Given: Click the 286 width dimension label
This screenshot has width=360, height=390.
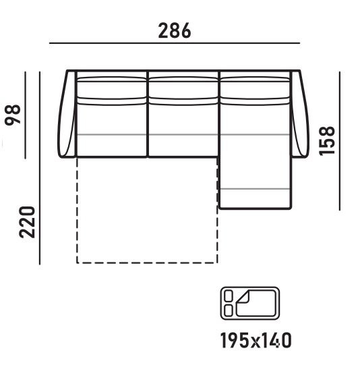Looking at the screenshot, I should (175, 30).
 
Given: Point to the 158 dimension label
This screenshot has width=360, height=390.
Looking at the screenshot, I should (328, 140).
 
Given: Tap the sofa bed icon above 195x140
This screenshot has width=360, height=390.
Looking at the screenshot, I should (250, 301).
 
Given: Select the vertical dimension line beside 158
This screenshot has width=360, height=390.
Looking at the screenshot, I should (340, 139).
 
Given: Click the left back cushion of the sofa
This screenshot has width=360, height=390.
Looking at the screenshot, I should (112, 90).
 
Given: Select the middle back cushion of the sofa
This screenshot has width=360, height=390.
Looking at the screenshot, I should (183, 90).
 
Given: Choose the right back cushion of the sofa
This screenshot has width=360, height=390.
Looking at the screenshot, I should (255, 90).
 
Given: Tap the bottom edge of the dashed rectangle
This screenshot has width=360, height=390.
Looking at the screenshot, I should (147, 262).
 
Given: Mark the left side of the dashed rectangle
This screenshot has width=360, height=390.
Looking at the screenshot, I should (77, 209).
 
